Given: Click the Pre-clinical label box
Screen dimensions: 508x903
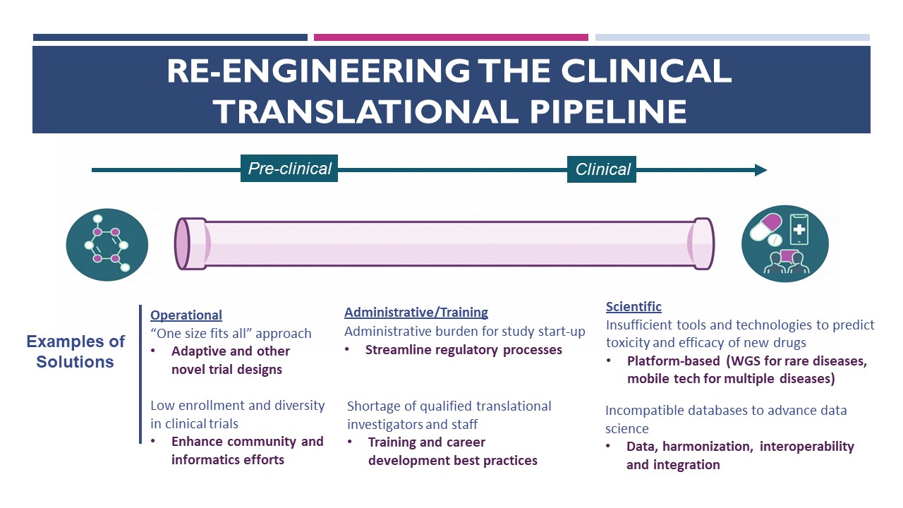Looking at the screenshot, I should point(289,169).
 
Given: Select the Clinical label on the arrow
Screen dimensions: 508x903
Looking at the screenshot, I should point(602,169).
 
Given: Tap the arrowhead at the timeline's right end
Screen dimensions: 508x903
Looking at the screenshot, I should point(760,169).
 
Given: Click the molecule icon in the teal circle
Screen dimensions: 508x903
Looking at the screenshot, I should point(107,244).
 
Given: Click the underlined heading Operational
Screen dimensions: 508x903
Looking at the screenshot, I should point(186,315).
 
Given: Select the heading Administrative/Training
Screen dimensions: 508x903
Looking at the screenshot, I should point(416,313).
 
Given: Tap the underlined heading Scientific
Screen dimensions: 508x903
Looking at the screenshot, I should point(634,307).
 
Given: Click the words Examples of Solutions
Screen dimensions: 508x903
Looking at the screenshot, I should point(75,351).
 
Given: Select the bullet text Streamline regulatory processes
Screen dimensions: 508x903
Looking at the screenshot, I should point(463,350).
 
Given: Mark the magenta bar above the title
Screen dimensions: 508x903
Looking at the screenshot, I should point(451,37).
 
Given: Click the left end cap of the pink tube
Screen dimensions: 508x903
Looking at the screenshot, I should point(183,243).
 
